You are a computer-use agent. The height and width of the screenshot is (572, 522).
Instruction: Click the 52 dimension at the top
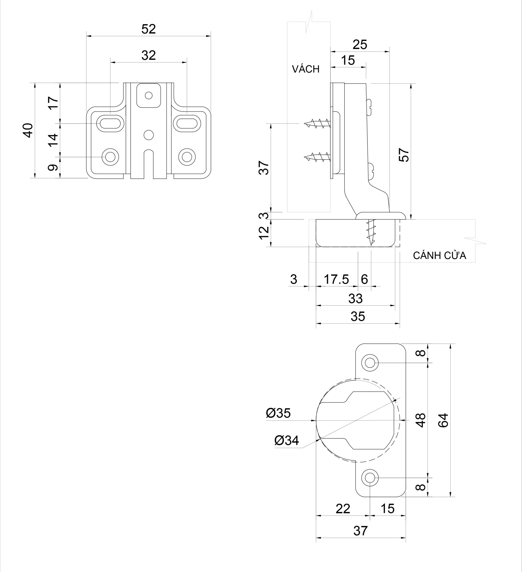pyautogui.click(x=148, y=29)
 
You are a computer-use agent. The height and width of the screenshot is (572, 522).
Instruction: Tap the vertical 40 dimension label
pyautogui.click(x=28, y=130)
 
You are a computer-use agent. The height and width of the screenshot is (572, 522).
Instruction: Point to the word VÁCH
pyautogui.click(x=306, y=69)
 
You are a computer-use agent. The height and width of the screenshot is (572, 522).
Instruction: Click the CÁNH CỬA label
pyautogui.click(x=439, y=256)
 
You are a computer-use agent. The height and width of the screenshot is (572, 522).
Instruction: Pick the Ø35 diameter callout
pyautogui.click(x=278, y=413)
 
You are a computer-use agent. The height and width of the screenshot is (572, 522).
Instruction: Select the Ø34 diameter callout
pyautogui.click(x=287, y=440)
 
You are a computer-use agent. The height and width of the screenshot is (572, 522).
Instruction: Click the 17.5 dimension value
pyautogui.click(x=336, y=280)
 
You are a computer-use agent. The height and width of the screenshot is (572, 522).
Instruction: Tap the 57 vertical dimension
pyautogui.click(x=404, y=155)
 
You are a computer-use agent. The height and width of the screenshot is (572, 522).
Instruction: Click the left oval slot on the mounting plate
pyautogui.click(x=110, y=123)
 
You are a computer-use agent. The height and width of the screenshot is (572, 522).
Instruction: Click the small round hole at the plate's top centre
pyautogui.click(x=148, y=95)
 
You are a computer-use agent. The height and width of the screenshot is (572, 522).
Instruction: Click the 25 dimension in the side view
pyautogui.click(x=360, y=44)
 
